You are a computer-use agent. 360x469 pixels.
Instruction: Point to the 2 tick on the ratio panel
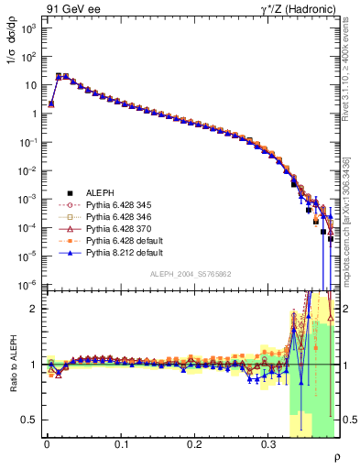pos(34,309)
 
